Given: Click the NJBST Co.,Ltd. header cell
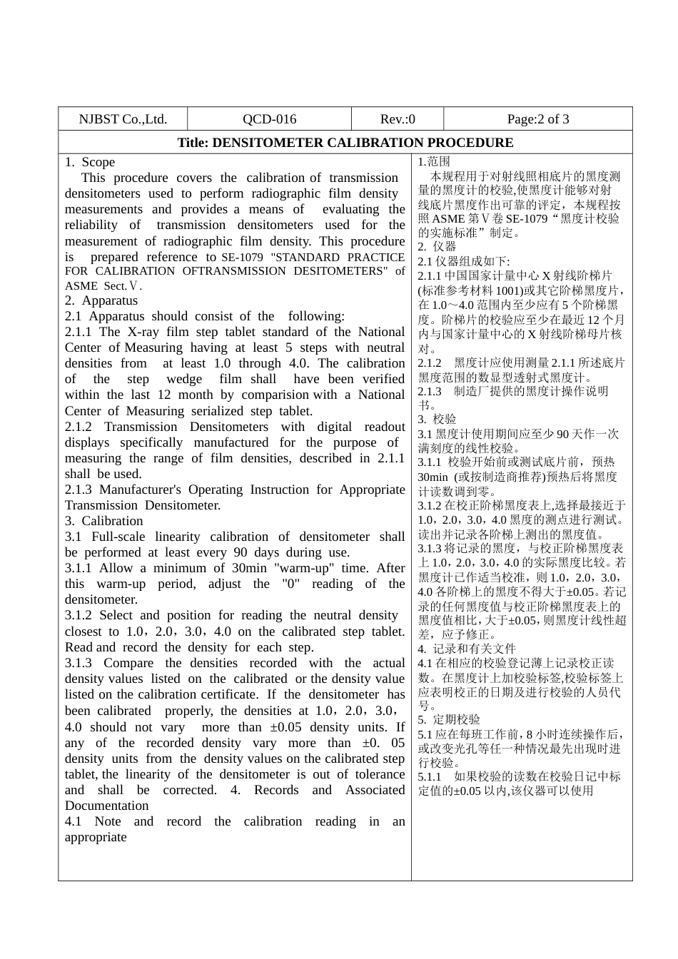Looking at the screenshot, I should tap(123, 119).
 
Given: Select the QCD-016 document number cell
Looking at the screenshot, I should tap(269, 119).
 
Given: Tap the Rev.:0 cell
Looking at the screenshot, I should tap(398, 119).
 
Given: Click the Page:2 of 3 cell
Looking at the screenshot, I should tap(538, 119).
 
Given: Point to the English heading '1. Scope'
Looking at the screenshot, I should tap(90, 163).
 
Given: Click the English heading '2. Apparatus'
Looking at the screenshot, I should tap(101, 300).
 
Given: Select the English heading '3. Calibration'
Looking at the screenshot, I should tap(104, 521).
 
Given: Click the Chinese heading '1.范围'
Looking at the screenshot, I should tap(434, 162).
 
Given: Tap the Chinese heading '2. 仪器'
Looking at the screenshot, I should tap(437, 247).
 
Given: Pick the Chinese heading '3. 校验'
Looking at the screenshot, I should tap(437, 420).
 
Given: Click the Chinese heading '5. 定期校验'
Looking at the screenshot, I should tap(449, 720).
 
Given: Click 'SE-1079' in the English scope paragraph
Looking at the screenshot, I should tap(244, 258).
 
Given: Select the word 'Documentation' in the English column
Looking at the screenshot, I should tap(107, 806).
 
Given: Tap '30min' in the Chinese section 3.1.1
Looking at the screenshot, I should tap(432, 477).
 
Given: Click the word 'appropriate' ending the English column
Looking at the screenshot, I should tap(96, 837).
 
